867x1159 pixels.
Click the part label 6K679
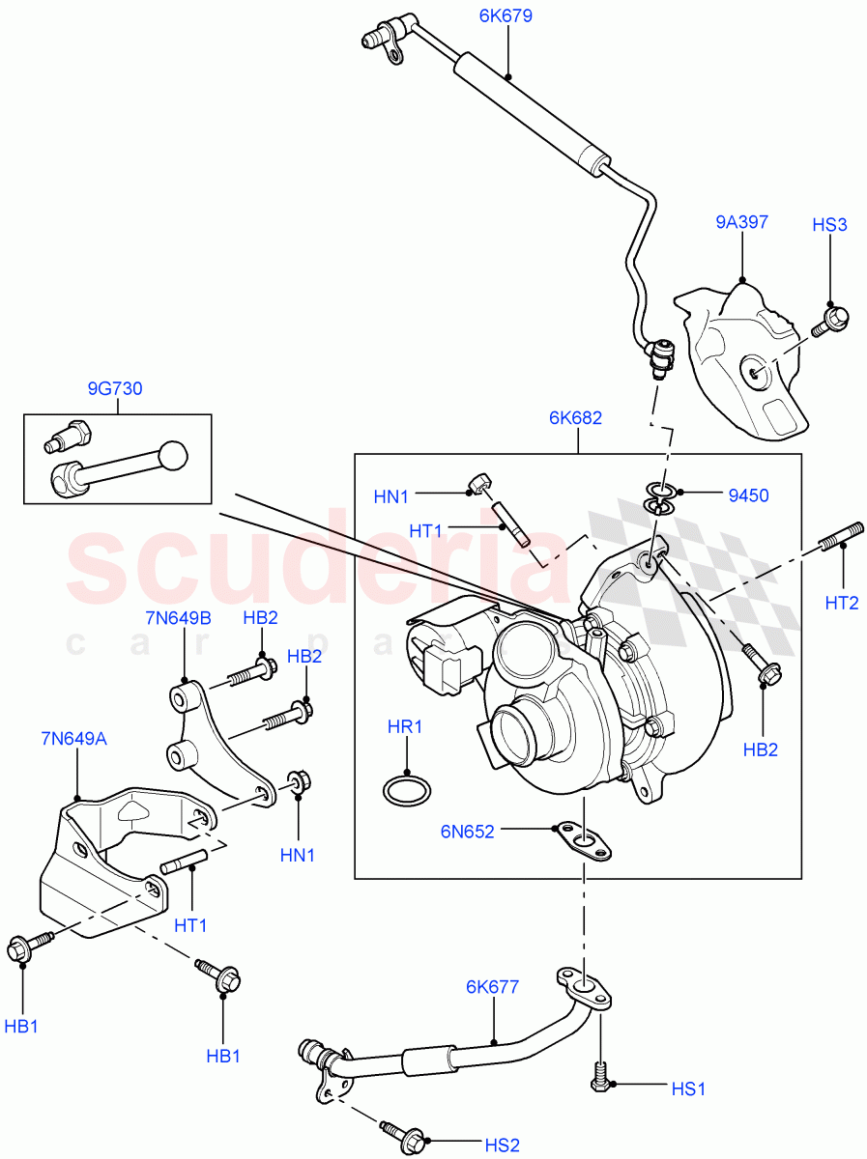pyautogui.click(x=505, y=16)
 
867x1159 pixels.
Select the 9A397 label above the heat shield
pyautogui.click(x=741, y=222)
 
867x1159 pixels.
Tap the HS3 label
pyautogui.click(x=829, y=225)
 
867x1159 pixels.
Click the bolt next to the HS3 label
pyautogui.click(x=829, y=320)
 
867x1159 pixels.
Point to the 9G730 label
pyautogui.click(x=114, y=389)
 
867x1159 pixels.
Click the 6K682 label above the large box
pyautogui.click(x=575, y=418)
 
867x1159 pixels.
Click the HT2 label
pyautogui.click(x=842, y=603)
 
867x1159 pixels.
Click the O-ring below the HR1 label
pyautogui.click(x=405, y=789)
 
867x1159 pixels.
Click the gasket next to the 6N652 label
pyautogui.click(x=583, y=841)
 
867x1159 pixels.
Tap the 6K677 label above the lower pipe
pyautogui.click(x=492, y=987)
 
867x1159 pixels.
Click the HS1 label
pyautogui.click(x=688, y=1088)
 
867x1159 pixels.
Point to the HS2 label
pyautogui.click(x=502, y=1145)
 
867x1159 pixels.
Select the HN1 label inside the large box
pyautogui.click(x=391, y=496)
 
